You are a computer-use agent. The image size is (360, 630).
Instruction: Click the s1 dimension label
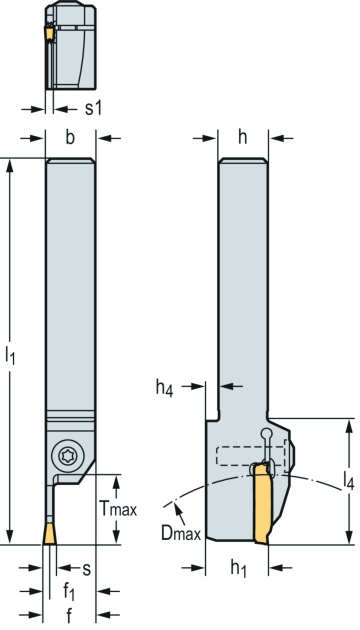(x=93, y=109)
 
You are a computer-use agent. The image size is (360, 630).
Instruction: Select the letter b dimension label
(x=70, y=137)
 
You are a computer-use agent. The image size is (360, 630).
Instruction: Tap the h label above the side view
(x=242, y=137)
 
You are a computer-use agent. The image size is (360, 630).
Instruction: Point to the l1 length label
(x=10, y=356)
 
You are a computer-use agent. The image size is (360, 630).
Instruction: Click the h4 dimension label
(x=165, y=388)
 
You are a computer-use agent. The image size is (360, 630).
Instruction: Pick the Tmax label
(x=118, y=509)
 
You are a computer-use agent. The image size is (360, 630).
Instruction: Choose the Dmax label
(x=181, y=533)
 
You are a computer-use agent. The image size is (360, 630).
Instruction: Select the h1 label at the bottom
(x=238, y=569)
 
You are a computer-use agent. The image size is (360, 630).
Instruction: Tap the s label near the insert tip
(x=86, y=569)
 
